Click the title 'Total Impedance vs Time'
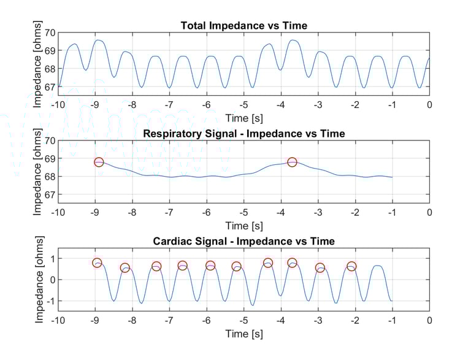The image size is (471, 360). point(243,25)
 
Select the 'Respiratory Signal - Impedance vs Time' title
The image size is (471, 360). point(243,133)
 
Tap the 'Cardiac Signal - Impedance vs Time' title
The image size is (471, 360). point(243,241)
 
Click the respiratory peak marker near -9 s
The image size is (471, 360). point(99,162)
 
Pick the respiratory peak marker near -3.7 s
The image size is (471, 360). point(292,162)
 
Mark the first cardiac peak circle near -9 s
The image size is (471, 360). point(97,263)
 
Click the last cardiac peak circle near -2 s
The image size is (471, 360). point(351,266)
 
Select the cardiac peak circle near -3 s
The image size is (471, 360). point(320,268)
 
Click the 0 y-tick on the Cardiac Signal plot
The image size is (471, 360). point(52,280)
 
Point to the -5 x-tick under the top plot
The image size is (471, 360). point(243,105)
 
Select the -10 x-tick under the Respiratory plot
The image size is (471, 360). point(58,213)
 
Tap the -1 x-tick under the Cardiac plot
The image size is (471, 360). point(392,320)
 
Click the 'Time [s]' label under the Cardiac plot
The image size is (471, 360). point(243,334)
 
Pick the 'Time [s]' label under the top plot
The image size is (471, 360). point(243,118)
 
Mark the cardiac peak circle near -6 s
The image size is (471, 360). point(210,266)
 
